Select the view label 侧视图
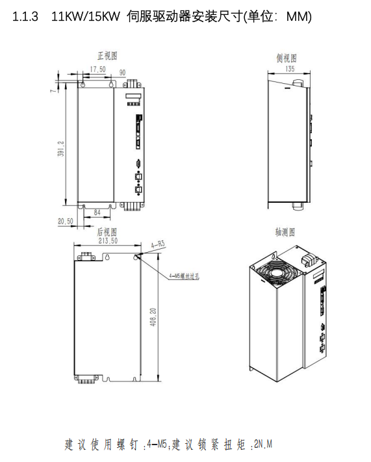287,58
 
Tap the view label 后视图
107,231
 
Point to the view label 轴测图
286,232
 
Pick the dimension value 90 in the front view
122,73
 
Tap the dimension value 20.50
65,222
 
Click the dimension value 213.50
107,240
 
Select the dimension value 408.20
153,318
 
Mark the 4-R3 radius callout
158,245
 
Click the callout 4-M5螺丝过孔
184,276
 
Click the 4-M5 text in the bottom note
158,445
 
